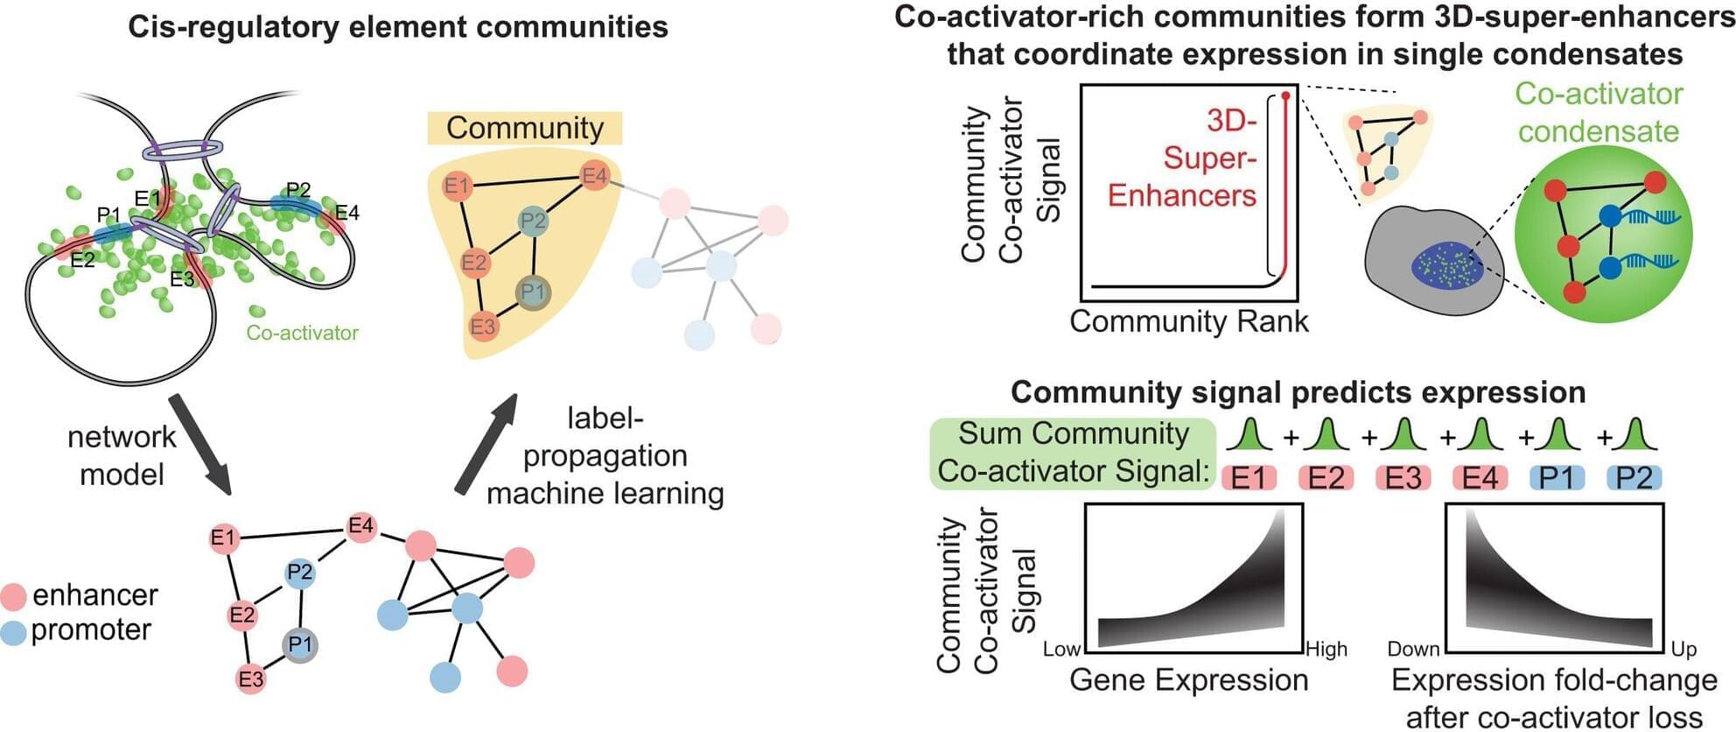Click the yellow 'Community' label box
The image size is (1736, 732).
click(525, 128)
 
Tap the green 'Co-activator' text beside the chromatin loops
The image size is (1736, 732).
click(302, 333)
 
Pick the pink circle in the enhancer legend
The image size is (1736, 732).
click(14, 596)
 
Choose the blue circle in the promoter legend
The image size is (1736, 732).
click(14, 631)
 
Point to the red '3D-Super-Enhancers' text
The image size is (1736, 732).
click(1183, 158)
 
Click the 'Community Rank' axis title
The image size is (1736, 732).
click(1188, 322)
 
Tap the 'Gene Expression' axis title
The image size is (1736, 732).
click(1188, 680)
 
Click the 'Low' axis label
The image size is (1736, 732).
click(1061, 650)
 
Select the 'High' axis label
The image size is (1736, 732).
click(1326, 650)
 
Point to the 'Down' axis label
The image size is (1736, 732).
click(1413, 650)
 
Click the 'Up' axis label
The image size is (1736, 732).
click(1683, 650)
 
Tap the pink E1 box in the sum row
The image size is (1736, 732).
click(1249, 478)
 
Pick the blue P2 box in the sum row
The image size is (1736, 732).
click(1634, 478)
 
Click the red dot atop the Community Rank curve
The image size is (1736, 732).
click(1285, 95)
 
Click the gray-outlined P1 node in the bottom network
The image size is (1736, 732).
click(300, 645)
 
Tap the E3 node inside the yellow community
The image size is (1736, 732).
click(482, 327)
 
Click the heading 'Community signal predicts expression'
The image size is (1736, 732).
click(1298, 392)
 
